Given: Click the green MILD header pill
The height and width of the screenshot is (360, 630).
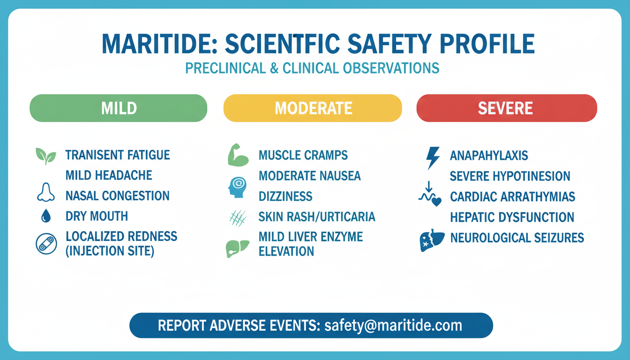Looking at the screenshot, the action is pos(119,108).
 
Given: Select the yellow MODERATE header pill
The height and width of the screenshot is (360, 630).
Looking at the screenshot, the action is pos(313,108).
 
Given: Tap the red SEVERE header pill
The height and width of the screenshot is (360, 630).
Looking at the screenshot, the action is pos(507,108).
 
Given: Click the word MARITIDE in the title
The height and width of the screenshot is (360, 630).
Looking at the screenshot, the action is pos(160,44).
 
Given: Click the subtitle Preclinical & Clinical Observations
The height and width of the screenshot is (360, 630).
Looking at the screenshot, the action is pos(312,68).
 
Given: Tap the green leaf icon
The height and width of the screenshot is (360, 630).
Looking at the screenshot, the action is pos(46,156).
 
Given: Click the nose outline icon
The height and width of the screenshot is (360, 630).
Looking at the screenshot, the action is pos(46,192).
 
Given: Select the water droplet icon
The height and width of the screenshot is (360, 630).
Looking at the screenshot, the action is pos(46,216).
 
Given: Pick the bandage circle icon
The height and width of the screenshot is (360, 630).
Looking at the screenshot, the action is pos(46,244).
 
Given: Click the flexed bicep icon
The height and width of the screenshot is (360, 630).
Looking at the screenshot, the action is pos(238,155).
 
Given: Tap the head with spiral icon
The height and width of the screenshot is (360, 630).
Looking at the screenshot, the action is pos(238,187).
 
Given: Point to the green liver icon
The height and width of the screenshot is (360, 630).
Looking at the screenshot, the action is pos(237,248).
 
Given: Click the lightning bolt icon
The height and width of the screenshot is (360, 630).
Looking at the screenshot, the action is pos(433,158).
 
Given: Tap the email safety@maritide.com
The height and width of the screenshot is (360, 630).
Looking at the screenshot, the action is pos(393,325).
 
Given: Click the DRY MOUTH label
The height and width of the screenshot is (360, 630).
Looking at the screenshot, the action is pos(97,216).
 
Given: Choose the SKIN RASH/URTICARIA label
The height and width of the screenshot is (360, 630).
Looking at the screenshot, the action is pos(317,217).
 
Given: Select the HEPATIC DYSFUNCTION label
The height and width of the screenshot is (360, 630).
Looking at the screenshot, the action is pos(512,217).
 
